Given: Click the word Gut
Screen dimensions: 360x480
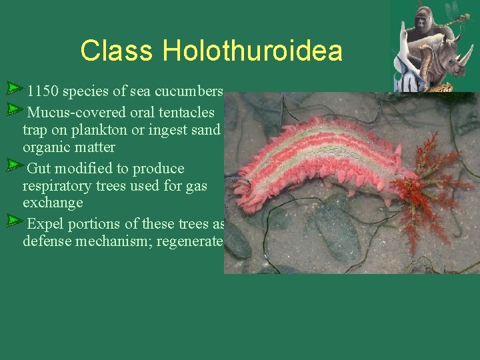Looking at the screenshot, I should tap(39, 169).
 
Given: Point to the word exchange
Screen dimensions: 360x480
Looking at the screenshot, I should tap(53, 203).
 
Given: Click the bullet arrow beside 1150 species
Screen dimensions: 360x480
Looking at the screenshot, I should tap(15, 87).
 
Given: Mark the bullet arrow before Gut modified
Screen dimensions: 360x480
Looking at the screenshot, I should tap(15, 164).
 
